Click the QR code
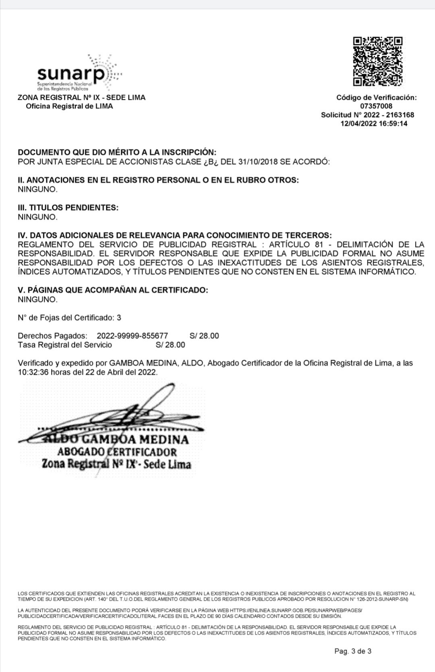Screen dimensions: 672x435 [378, 61]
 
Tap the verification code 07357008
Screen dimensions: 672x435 [376, 106]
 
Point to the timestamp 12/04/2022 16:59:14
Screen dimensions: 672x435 [374, 124]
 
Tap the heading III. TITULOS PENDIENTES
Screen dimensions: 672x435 [68, 208]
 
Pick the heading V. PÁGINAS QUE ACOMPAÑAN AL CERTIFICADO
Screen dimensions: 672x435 [113, 290]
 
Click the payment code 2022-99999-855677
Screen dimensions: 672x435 [132, 336]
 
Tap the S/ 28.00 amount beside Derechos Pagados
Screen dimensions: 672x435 [204, 336]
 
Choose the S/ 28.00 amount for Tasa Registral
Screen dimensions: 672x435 [170, 345]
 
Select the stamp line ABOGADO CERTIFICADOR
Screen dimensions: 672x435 [117, 452]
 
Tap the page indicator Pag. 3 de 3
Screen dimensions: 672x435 [353, 651]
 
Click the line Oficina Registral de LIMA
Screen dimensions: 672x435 [69, 106]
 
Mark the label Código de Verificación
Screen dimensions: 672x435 [376, 97]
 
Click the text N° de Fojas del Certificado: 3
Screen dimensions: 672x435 [69, 318]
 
